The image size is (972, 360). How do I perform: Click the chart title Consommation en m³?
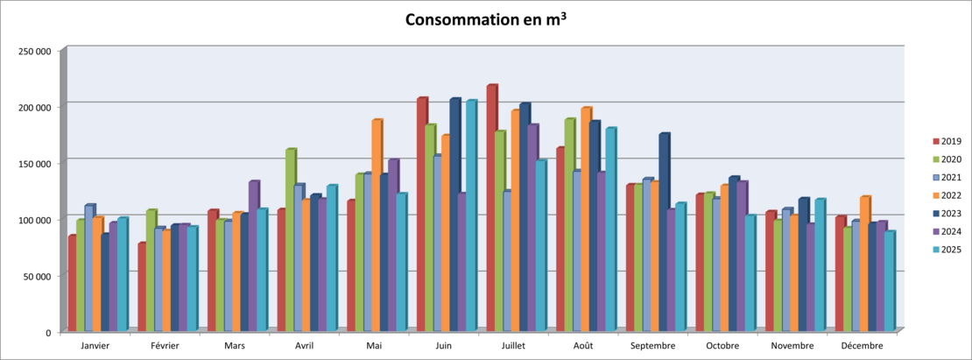(x=486, y=19)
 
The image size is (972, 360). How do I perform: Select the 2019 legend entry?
(x=947, y=141)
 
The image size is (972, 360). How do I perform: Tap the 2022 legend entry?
(x=947, y=195)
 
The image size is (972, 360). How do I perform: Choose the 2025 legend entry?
(x=947, y=249)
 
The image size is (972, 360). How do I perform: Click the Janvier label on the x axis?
(x=95, y=346)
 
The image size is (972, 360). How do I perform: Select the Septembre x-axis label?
(x=652, y=346)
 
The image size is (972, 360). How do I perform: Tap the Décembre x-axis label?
(x=863, y=346)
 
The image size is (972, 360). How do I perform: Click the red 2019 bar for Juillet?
(x=491, y=208)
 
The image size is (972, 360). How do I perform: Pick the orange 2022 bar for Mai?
(x=377, y=225)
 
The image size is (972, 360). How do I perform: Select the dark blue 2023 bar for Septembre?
(x=664, y=232)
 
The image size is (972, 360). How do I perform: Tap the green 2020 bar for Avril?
(x=290, y=240)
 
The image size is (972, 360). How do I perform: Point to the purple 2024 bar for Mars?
(x=254, y=256)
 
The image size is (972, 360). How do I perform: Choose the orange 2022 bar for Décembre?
(x=865, y=264)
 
